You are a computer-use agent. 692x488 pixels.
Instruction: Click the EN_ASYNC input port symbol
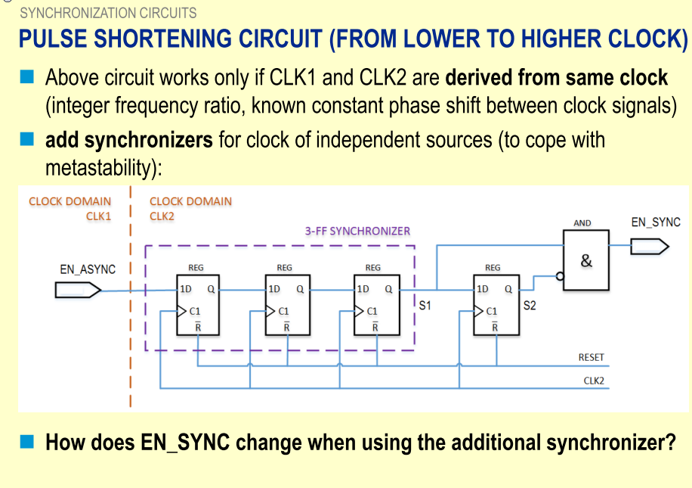78,290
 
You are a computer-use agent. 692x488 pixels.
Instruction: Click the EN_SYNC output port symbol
649,246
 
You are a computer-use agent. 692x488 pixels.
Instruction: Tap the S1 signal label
425,306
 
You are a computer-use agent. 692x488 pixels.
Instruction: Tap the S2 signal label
530,306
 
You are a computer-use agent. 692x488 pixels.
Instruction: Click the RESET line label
592,357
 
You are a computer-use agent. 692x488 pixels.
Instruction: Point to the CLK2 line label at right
594,380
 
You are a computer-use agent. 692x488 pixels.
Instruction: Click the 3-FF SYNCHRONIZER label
357,231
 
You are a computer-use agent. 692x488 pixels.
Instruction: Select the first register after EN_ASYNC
197,308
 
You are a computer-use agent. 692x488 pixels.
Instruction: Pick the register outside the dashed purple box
495,308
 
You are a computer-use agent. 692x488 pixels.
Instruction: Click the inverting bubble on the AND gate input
561,277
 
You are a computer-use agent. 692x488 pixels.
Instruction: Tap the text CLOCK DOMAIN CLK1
70,208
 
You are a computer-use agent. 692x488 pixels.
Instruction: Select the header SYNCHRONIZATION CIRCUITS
108,13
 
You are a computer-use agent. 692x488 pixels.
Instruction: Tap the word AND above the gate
582,223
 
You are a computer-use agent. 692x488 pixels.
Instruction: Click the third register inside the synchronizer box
375,308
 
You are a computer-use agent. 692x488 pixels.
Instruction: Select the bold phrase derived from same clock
557,77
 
